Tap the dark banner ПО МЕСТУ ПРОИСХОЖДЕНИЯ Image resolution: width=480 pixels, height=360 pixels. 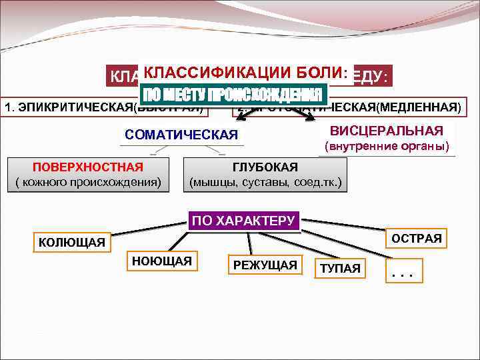click(x=233, y=94)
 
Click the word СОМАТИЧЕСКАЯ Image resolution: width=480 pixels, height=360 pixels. click(x=181, y=135)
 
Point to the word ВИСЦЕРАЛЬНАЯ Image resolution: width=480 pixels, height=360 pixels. click(x=387, y=130)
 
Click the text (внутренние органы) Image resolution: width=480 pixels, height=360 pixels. click(x=387, y=146)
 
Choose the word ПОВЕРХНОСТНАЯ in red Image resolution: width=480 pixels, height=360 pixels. click(x=88, y=167)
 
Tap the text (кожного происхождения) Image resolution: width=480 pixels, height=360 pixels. click(x=88, y=181)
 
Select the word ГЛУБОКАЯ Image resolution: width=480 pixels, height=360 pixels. click(x=265, y=167)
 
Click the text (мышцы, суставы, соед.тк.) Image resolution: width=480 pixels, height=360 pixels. click(x=265, y=181)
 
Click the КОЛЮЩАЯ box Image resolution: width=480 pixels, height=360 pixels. click(x=72, y=242)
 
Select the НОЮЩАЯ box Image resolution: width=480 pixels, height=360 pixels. click(x=162, y=261)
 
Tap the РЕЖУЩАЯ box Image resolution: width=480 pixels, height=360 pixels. click(x=265, y=265)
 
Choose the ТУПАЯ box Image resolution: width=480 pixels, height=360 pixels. click(x=340, y=269)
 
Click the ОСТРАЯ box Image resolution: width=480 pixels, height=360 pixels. click(x=416, y=238)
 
